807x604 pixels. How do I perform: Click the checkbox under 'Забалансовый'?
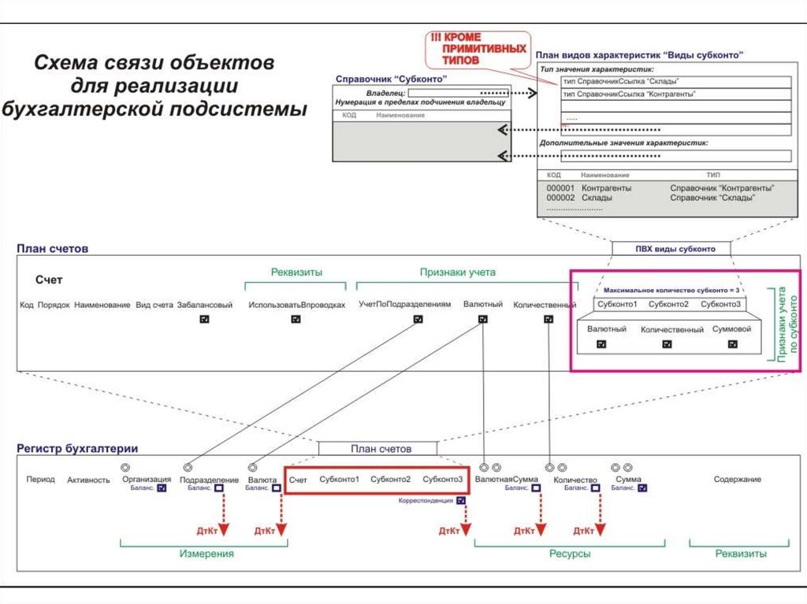(205, 320)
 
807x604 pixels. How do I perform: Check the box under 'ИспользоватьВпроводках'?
(296, 320)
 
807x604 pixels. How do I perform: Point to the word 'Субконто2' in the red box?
(391, 480)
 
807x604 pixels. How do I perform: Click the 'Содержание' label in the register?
(737, 479)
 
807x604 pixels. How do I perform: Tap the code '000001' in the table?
(560, 189)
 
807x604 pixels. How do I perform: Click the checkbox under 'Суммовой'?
(732, 344)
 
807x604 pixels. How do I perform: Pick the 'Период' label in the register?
(40, 479)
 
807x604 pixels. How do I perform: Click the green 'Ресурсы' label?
(570, 554)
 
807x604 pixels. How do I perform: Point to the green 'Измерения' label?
(206, 554)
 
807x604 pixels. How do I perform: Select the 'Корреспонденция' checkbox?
(460, 500)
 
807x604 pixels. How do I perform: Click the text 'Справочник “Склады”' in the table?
(712, 198)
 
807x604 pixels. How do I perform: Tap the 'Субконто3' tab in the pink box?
(720, 304)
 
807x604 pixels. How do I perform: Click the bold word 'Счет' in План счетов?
(49, 280)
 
